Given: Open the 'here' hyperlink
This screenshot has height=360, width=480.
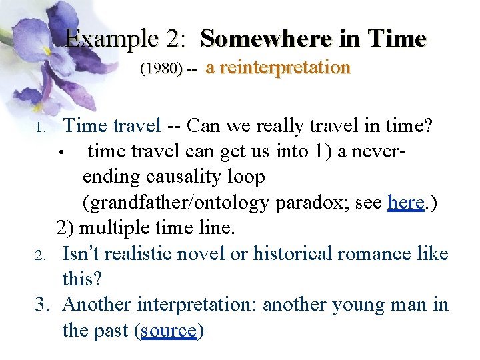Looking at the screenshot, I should point(406,203).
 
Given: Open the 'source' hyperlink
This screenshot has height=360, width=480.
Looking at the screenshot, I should point(169,330).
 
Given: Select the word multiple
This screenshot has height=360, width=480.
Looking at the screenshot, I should point(121,229).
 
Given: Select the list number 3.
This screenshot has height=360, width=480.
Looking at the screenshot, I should point(42,305).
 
